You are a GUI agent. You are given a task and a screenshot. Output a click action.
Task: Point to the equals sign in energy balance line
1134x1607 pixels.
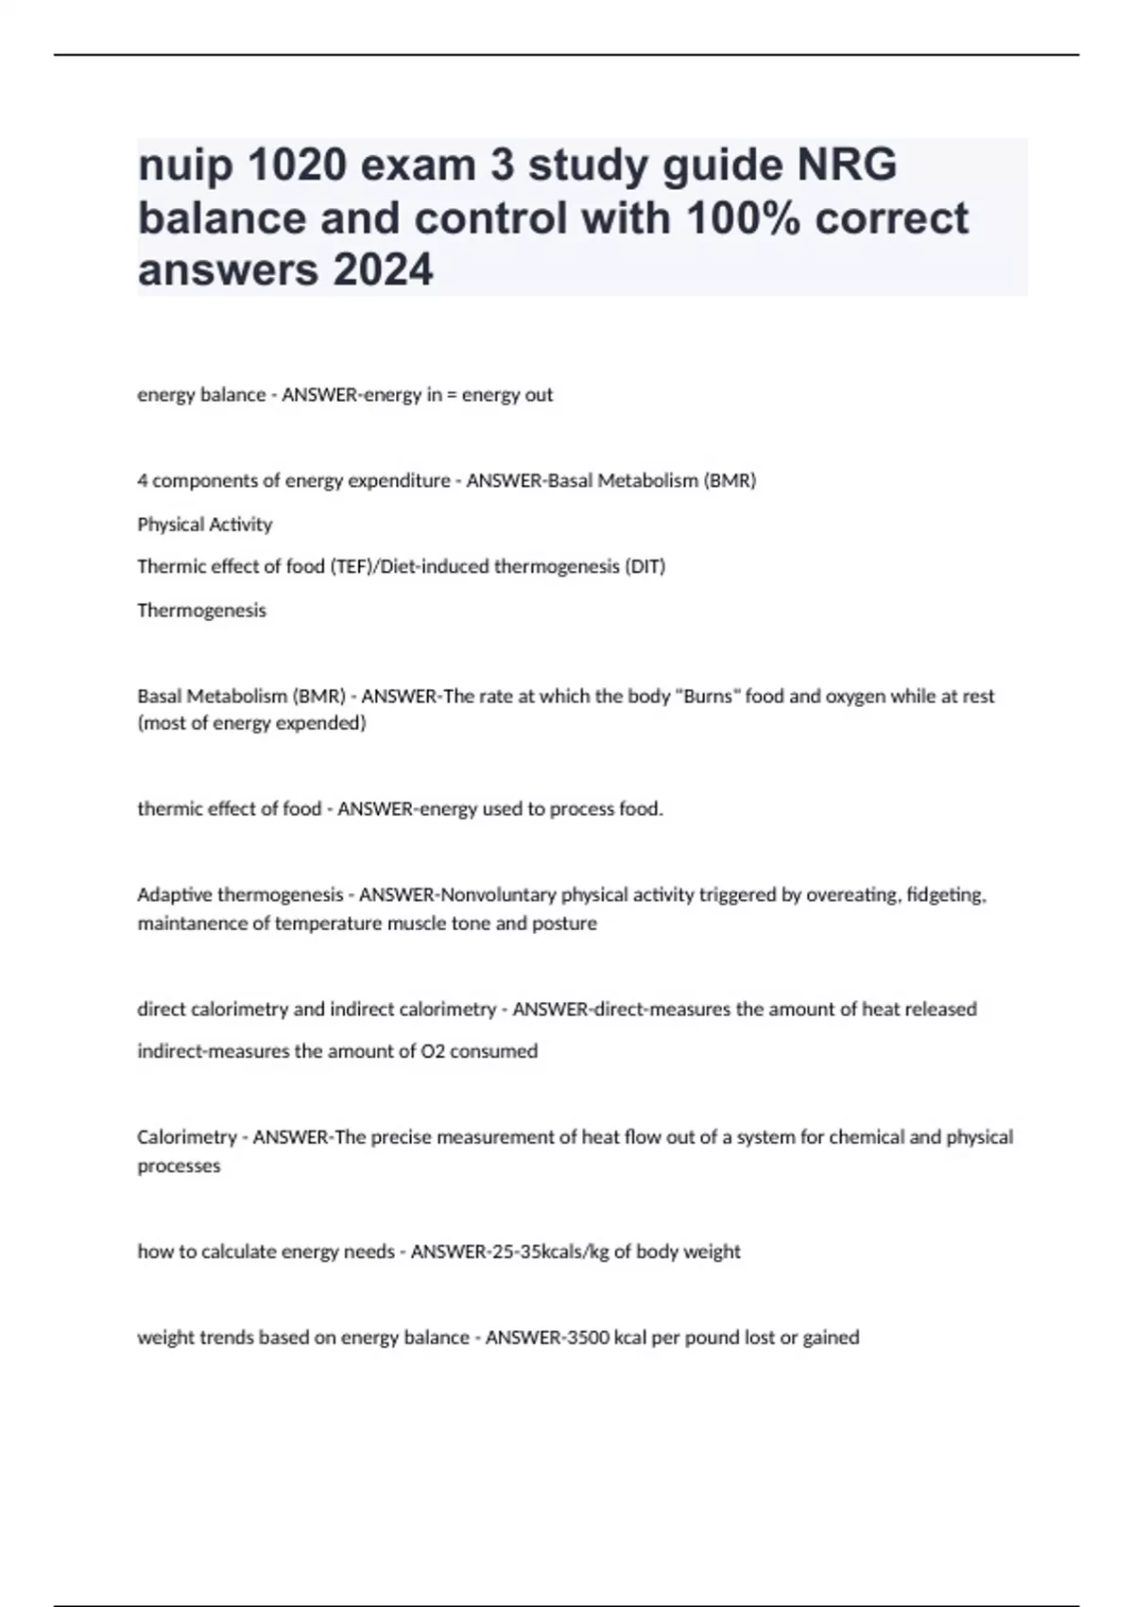click(451, 395)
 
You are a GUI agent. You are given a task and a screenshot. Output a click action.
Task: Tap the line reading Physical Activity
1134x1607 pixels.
click(204, 525)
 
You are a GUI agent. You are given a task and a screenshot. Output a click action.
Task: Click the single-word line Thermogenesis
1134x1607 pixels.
click(201, 611)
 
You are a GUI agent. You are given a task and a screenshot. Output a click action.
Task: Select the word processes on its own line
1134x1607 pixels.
click(179, 1166)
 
